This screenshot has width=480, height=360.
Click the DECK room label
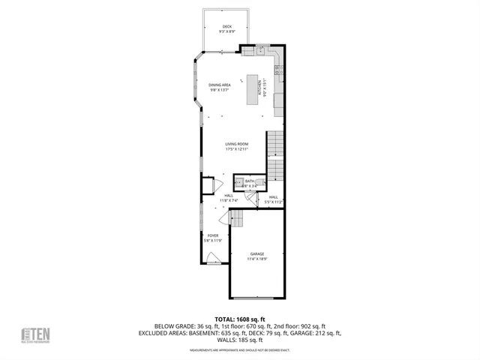coord(226,26)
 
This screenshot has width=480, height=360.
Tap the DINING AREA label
coord(220,85)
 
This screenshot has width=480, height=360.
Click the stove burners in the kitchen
coord(278,71)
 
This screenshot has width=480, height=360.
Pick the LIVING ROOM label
coord(237,144)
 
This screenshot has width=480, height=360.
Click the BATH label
coord(249,181)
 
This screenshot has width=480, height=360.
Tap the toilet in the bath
coord(261,182)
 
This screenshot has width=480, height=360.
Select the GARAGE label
coord(257,254)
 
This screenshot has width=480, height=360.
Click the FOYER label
coord(213,235)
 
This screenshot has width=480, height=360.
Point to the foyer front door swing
coord(214,257)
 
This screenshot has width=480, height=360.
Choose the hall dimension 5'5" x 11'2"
coord(273,201)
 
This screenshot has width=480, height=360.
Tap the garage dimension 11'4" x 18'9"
coord(257,259)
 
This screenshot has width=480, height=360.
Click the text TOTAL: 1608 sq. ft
coord(239,318)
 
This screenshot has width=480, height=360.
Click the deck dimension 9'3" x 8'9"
coord(226,31)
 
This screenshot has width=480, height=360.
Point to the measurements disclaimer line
coord(239,349)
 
